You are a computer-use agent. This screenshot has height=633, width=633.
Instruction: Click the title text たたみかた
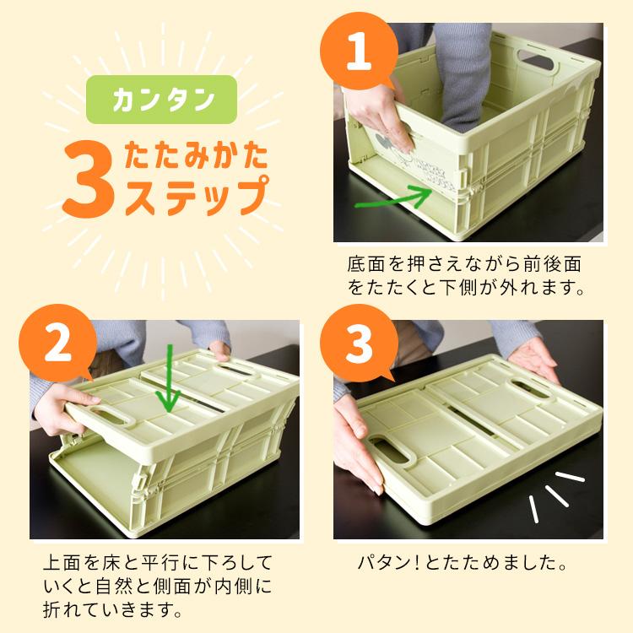pos(197,157)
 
